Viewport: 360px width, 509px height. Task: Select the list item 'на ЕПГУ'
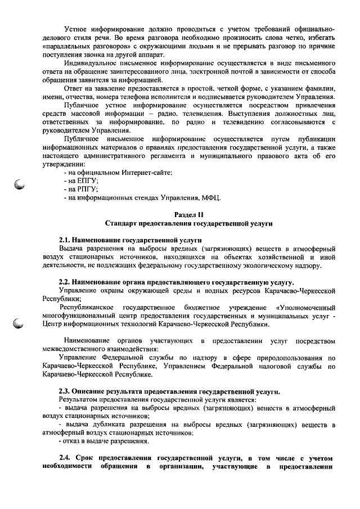point(83,181)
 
